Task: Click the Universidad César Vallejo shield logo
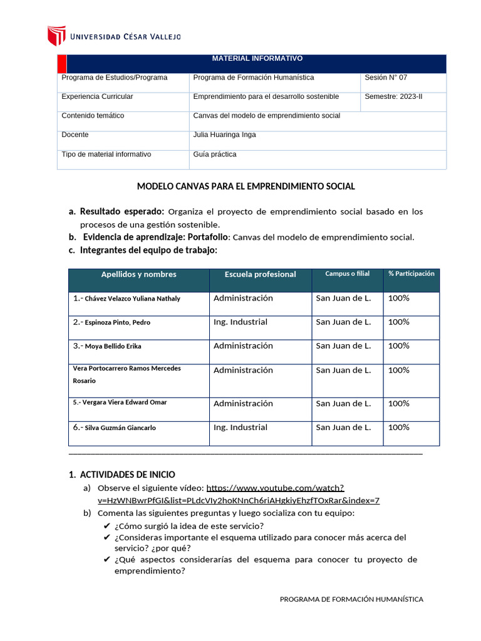coord(57,36)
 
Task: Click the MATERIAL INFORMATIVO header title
coord(257,58)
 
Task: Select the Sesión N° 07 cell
coord(386,78)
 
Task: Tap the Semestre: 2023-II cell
coord(393,96)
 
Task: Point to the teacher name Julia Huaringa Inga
coord(224,135)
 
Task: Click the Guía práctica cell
coord(215,154)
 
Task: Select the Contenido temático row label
coord(93,116)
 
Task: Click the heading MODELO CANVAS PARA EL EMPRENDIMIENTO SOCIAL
coord(246,187)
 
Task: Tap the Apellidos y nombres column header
coord(138,274)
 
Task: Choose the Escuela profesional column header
coord(261,274)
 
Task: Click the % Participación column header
coord(411,274)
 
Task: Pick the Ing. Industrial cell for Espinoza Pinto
coord(240,322)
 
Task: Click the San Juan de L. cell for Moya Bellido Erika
coord(343,346)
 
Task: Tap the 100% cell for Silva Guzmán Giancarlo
coord(399,427)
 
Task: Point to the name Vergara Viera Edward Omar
coord(120,403)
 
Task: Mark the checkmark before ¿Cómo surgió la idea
coord(107,526)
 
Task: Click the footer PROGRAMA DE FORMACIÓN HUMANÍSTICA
coord(351,599)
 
